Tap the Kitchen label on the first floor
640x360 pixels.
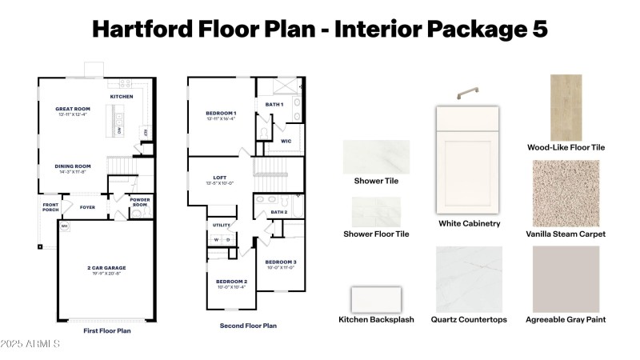point(122,96)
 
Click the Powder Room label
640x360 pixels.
point(140,203)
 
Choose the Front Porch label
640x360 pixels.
point(50,207)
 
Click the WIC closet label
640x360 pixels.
point(286,141)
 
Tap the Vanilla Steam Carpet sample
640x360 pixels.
point(566,193)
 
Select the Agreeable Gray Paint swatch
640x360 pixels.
point(566,278)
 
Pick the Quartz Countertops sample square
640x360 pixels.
point(469,278)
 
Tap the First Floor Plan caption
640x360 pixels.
point(107,330)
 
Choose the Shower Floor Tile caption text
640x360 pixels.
point(376,234)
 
